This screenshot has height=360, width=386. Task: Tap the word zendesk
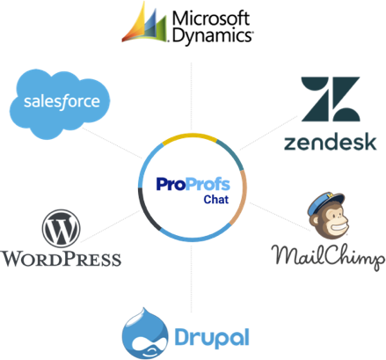pyautogui.click(x=331, y=141)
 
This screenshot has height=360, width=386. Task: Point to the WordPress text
pyautogui.click(x=61, y=259)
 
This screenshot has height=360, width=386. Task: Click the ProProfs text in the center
pyautogui.click(x=185, y=183)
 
